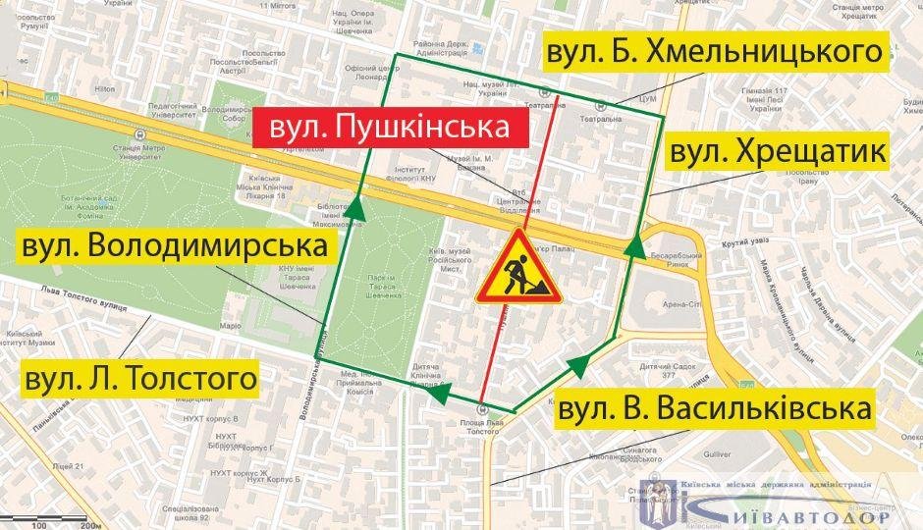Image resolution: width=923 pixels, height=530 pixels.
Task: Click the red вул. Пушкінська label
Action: point(390,128)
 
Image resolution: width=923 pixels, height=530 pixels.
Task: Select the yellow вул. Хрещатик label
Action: point(778,152)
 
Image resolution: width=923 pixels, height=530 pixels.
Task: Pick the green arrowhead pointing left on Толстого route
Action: point(441,393)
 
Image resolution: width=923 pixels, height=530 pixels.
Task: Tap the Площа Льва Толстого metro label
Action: point(481,423)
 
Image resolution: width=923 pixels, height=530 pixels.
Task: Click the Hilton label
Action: point(104,89)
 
